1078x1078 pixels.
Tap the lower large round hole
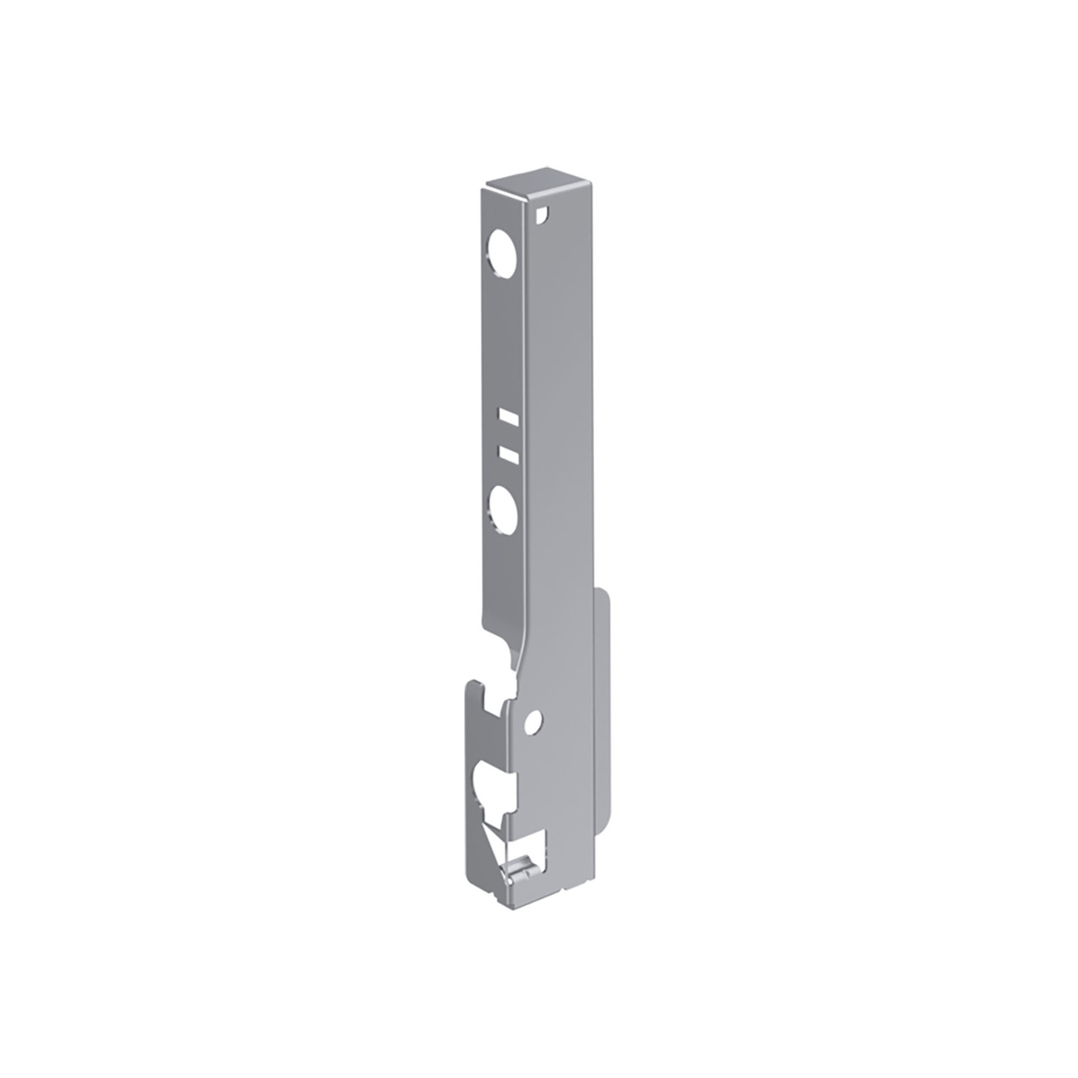(502, 506)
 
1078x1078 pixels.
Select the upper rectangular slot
(508, 417)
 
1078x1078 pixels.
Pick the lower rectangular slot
(508, 453)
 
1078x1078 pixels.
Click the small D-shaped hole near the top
(540, 216)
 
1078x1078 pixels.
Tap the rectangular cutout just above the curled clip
(534, 845)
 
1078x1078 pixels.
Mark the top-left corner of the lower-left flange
(467, 685)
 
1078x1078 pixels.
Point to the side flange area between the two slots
(508, 435)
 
